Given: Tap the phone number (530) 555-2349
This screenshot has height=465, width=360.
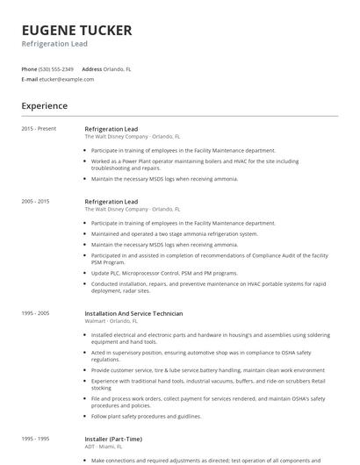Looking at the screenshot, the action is coord(56,68).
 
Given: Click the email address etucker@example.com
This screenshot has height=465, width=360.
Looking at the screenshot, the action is coord(67,79).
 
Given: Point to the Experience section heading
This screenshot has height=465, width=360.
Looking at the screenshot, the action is coord(44,106).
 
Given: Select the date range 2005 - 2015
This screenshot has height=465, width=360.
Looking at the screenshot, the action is coord(36,202).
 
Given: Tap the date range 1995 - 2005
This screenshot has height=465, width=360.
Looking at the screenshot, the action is coord(36,313).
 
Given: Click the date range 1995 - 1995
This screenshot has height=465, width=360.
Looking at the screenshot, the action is coord(36,439).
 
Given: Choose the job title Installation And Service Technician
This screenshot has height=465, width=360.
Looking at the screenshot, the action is coord(133,313).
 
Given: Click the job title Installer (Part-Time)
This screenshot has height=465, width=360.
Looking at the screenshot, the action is coord(113,439).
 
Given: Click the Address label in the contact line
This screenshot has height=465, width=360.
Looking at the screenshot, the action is coord(92,68).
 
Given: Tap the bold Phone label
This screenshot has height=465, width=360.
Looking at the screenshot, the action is coord(29,68).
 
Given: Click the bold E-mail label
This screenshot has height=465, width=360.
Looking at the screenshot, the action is coord(29,79).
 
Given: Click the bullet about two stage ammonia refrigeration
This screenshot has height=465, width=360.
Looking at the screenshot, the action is coord(175,234).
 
